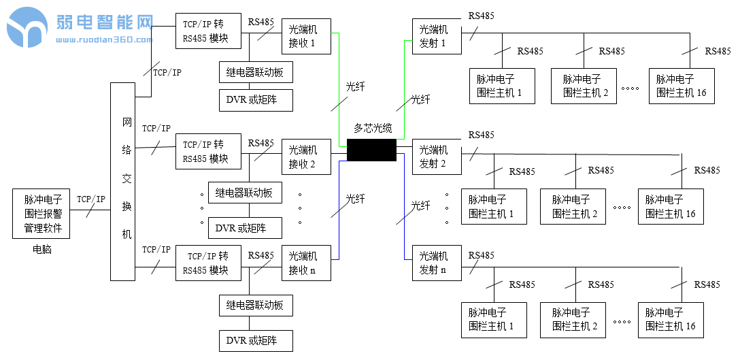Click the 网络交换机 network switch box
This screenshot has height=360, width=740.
click(123, 182)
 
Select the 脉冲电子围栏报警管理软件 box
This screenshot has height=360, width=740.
click(43, 214)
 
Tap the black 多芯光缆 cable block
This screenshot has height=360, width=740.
click(371, 150)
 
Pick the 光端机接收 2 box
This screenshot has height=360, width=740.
click(306, 157)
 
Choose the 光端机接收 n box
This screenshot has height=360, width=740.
click(306, 263)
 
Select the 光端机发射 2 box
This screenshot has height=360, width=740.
click(437, 157)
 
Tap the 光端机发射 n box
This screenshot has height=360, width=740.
click(437, 263)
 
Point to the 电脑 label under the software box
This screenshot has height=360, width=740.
click(42, 250)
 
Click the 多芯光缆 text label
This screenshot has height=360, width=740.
click(372, 128)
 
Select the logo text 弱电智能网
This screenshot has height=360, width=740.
click(104, 23)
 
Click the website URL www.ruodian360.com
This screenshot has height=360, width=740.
click(104, 39)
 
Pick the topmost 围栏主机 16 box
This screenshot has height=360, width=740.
click(682, 86)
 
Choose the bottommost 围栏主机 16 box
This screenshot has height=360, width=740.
click(671, 320)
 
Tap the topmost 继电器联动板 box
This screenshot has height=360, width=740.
click(255, 72)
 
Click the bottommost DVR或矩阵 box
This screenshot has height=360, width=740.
click(256, 340)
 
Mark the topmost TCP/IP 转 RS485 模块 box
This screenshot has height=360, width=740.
click(208, 31)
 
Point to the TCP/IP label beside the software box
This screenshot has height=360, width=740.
click(91, 199)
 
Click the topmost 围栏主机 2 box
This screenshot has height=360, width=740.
click(584, 86)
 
